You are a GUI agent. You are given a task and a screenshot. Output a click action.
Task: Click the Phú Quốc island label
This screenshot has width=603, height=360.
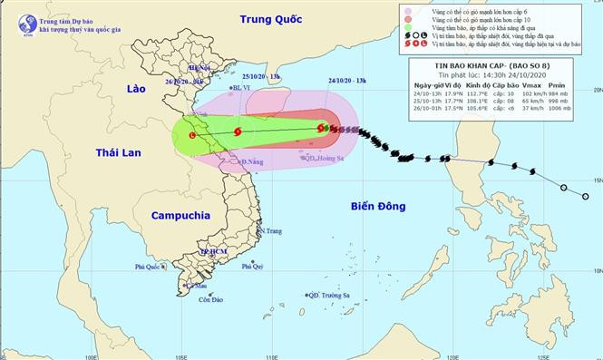[151, 268]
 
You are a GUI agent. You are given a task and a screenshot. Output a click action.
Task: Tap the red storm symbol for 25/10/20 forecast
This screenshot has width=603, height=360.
[238, 132]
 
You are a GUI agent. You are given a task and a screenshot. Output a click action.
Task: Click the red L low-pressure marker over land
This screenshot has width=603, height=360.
[191, 135]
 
